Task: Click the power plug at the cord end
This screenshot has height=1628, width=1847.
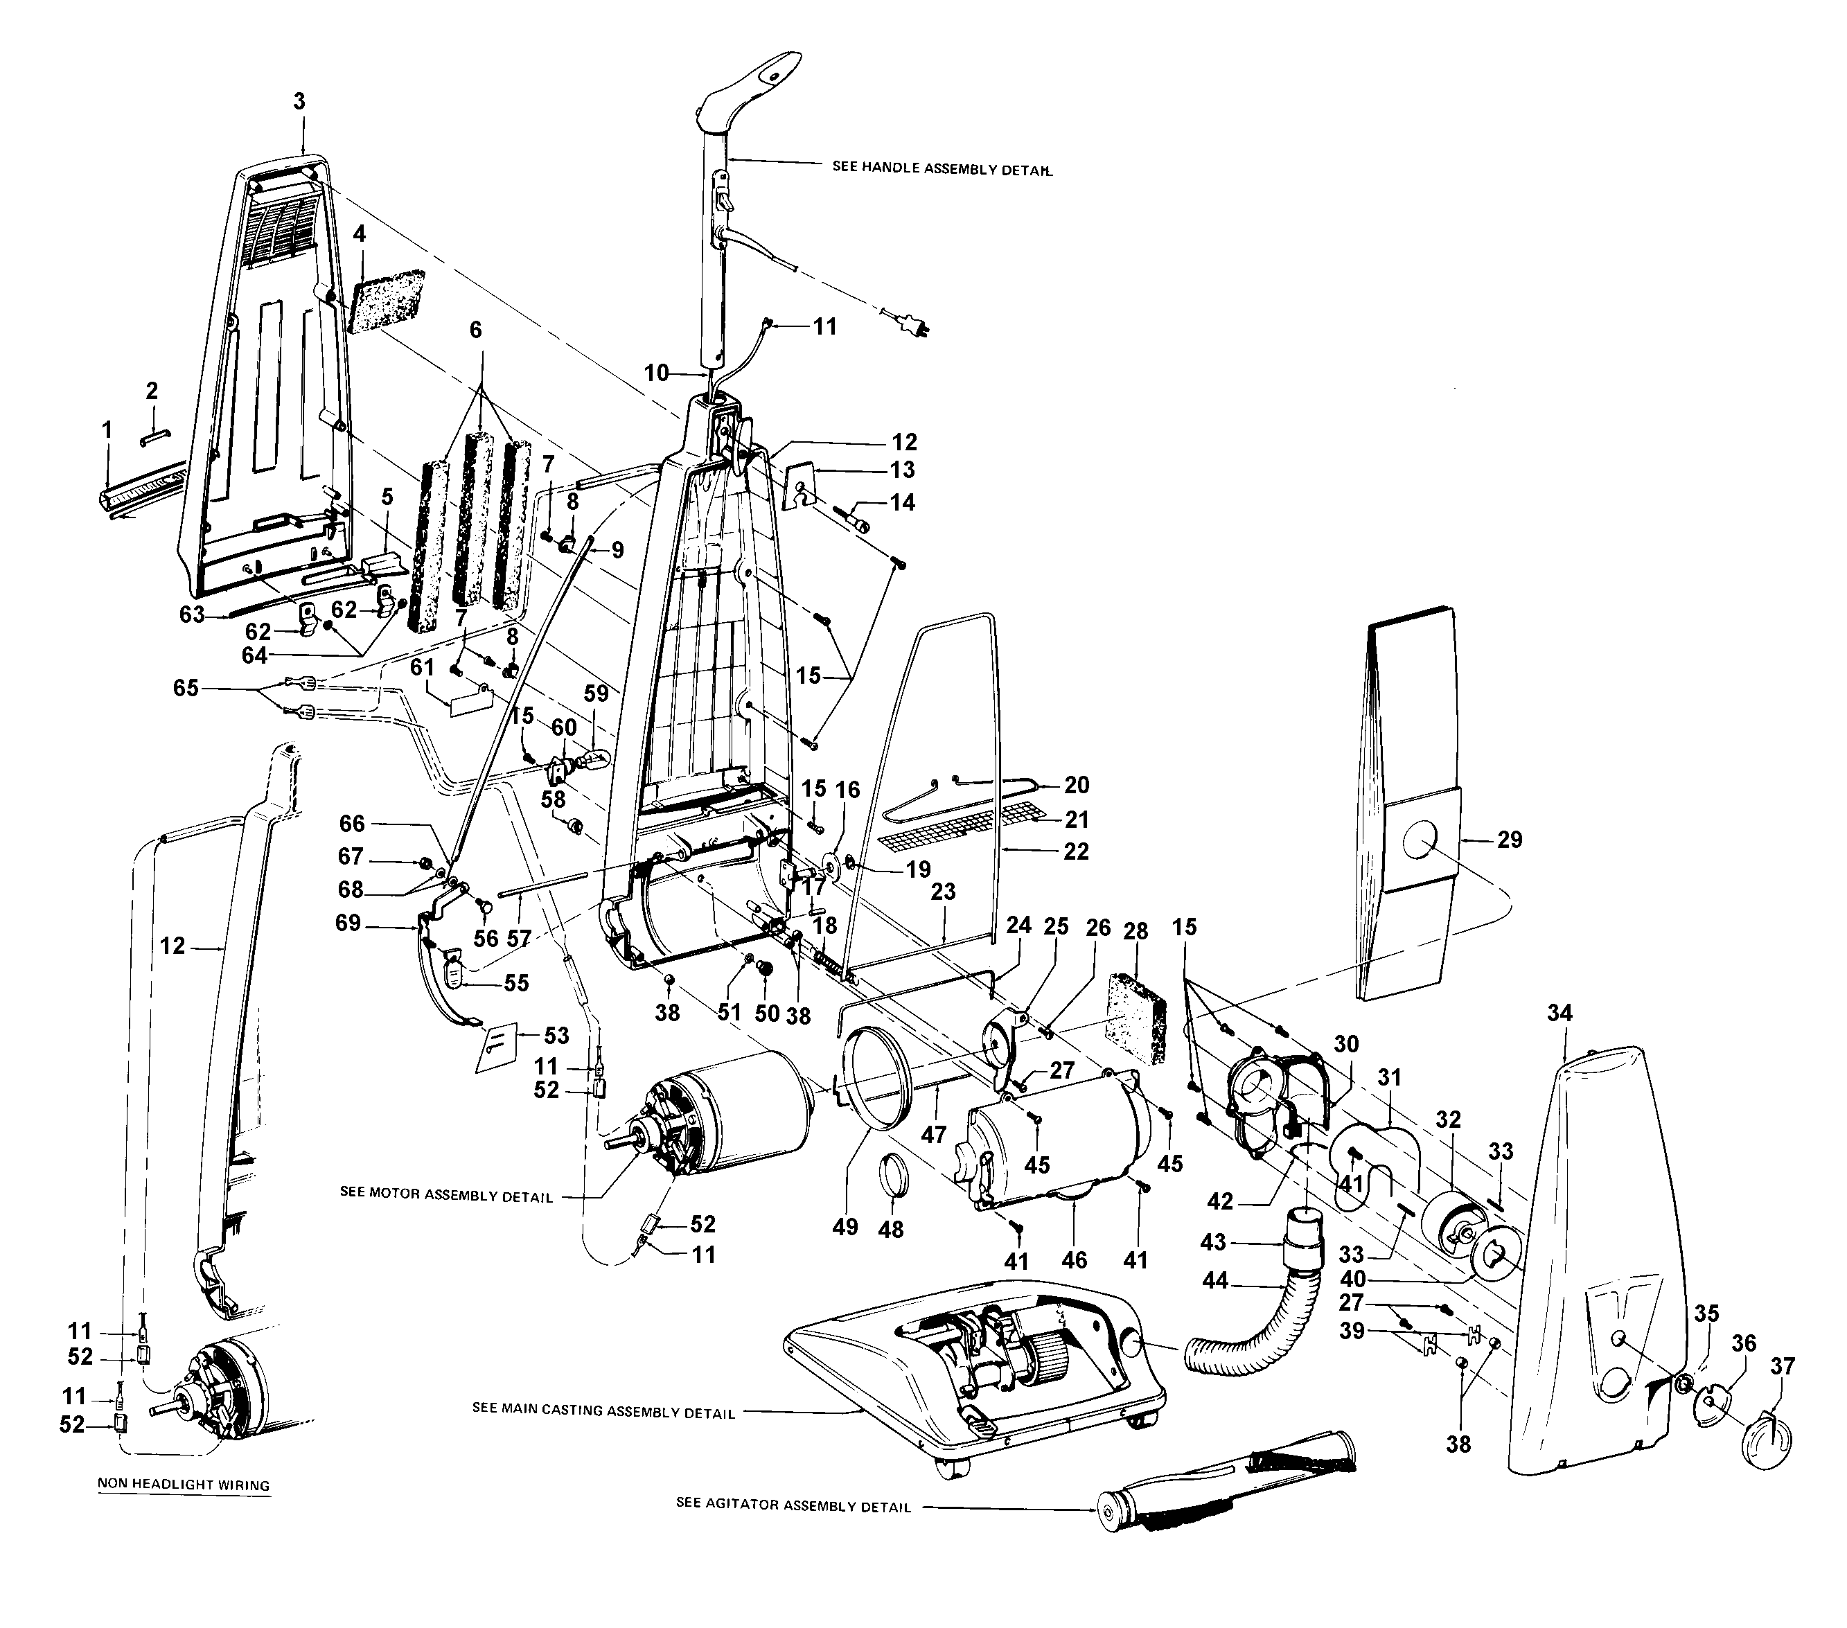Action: point(912,323)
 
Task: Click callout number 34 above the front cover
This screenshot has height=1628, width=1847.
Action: point(1559,1013)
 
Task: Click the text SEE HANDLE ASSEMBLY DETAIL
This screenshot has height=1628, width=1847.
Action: point(942,168)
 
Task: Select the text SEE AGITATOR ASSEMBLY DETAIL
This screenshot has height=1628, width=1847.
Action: point(793,1506)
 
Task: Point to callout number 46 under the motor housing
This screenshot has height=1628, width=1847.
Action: point(1074,1259)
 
